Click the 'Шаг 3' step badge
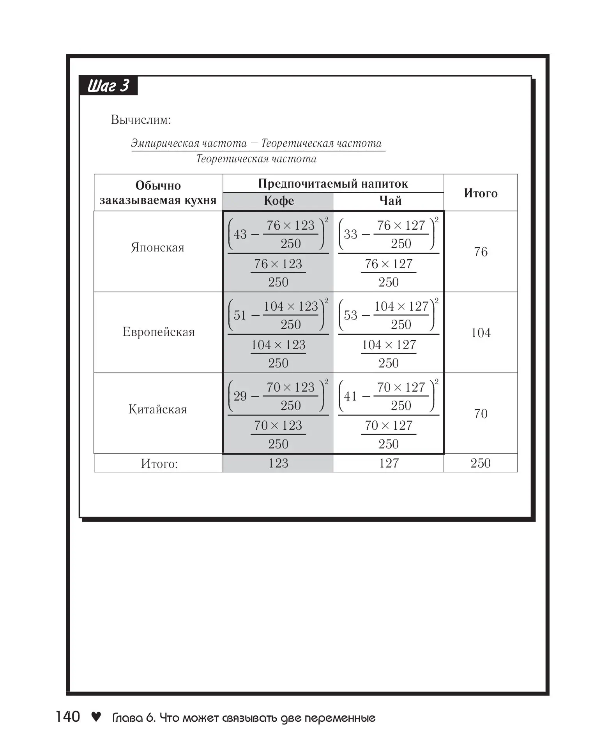[x=108, y=86]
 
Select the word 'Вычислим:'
[x=141, y=120]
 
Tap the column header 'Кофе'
[x=279, y=201]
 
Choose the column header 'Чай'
[x=390, y=201]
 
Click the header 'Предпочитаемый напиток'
[x=333, y=184]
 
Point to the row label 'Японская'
[x=157, y=248]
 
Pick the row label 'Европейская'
[x=158, y=332]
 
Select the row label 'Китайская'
[x=158, y=410]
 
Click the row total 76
[x=481, y=252]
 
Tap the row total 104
[x=481, y=333]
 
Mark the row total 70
[x=481, y=413]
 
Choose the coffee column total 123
[x=278, y=463]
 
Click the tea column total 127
[x=389, y=463]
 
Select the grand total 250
[x=480, y=463]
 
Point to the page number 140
[x=68, y=717]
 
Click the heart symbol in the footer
[x=96, y=717]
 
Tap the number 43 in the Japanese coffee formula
[x=240, y=234]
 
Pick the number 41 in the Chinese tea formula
[x=350, y=396]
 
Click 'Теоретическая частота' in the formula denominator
[x=256, y=159]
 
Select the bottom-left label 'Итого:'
[x=159, y=464]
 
